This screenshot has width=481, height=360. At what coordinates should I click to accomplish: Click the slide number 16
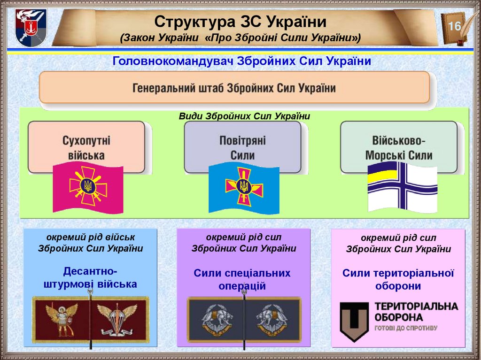click(454, 26)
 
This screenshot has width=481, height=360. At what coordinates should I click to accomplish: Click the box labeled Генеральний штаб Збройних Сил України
click(234, 88)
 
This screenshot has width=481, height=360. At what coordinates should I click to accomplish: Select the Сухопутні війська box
click(86, 147)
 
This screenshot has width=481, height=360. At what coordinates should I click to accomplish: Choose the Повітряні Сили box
click(242, 147)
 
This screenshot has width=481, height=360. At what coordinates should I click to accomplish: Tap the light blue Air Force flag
click(244, 188)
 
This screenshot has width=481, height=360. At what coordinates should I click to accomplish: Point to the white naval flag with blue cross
click(402, 187)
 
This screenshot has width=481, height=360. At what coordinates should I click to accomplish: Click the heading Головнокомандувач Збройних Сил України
click(241, 61)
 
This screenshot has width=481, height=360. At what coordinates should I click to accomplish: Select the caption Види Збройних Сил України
click(245, 115)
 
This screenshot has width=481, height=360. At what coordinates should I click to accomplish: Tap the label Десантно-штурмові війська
click(90, 277)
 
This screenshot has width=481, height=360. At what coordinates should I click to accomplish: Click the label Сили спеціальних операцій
click(242, 279)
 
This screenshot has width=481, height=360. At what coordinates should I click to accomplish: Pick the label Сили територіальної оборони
click(398, 279)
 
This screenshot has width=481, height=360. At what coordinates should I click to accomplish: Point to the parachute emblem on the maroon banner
click(116, 319)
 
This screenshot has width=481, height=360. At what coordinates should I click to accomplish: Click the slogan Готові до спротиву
click(406, 328)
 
